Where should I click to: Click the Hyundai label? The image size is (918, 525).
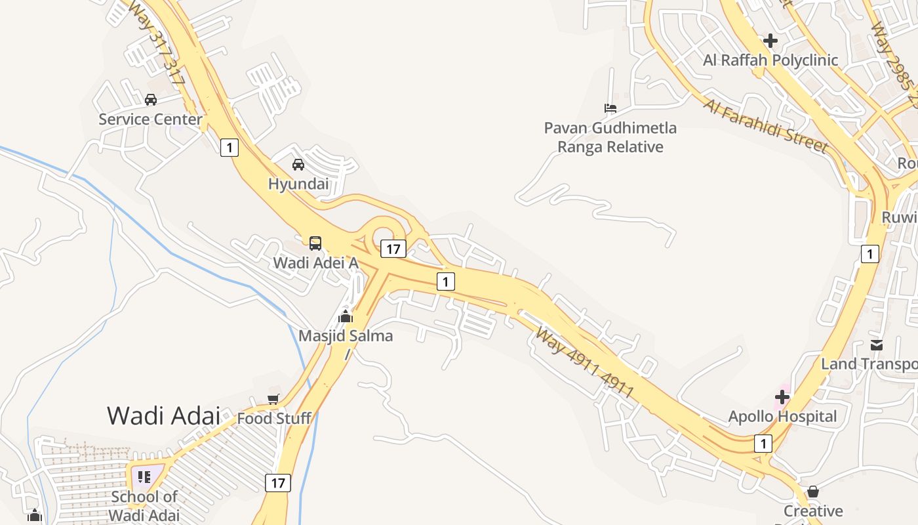pos(298,184)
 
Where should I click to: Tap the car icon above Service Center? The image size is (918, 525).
pos(151,100)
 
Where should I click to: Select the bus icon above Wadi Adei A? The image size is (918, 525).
pos(315,243)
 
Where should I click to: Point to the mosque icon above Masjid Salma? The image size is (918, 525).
pos(346,316)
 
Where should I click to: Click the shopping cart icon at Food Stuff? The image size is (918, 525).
pos(273,399)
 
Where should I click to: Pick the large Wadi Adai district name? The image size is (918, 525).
pos(163,415)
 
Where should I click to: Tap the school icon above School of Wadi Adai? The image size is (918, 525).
pos(144,476)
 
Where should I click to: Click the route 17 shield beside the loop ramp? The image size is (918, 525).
pos(393,249)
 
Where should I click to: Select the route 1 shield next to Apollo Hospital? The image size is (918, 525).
pos(763,444)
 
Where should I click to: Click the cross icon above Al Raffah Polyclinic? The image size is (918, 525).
pos(770,41)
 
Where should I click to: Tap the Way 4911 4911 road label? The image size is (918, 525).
pos(584,362)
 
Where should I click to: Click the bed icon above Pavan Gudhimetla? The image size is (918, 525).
pos(610,108)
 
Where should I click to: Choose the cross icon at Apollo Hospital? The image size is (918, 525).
pos(782,397)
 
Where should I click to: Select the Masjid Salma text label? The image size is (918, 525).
pos(346,336)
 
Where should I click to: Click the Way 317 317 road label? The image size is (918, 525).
pos(158,43)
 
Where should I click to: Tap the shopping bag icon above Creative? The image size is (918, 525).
pos(813,492)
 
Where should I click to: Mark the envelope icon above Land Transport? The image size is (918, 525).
pos(877,345)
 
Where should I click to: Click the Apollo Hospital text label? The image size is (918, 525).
pos(782,417)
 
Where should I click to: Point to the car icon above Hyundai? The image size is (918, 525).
pos(298,164)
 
